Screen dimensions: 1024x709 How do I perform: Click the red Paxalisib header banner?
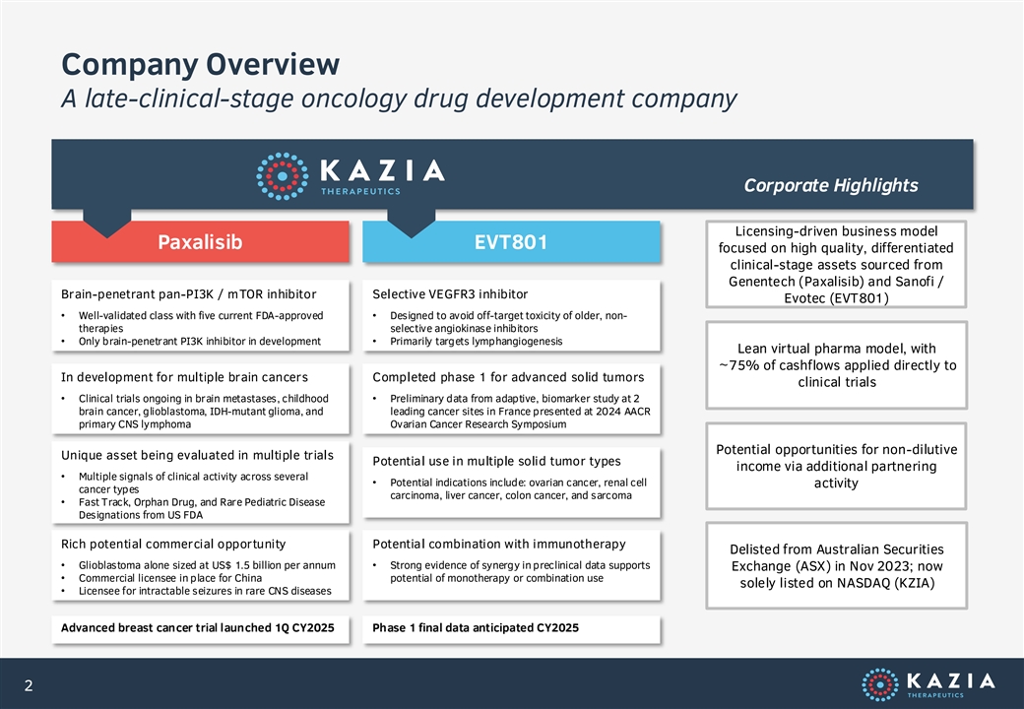coord(200,241)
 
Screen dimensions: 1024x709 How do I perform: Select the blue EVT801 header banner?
coord(511,241)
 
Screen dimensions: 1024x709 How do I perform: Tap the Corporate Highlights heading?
coord(831,186)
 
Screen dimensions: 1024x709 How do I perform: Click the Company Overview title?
coord(201,64)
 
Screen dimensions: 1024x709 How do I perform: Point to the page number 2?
coord(29,684)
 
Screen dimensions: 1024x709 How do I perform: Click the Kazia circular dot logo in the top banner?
coord(283,176)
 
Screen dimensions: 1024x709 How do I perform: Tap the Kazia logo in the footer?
coord(928,683)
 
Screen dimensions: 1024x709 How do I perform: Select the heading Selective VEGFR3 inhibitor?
coord(450,294)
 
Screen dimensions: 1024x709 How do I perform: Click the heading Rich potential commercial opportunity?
coord(173,544)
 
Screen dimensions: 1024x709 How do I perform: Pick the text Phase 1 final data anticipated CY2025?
coord(476,628)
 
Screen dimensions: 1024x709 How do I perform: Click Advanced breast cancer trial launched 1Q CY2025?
coord(197,628)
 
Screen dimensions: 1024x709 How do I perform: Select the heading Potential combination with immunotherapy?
coord(499,544)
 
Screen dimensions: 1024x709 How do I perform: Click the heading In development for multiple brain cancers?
coord(184,377)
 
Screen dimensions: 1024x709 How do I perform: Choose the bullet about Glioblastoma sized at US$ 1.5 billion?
coord(207,565)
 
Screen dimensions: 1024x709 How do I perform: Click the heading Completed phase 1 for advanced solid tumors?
coord(508,377)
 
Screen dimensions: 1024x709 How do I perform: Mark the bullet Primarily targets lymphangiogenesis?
coord(477,342)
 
